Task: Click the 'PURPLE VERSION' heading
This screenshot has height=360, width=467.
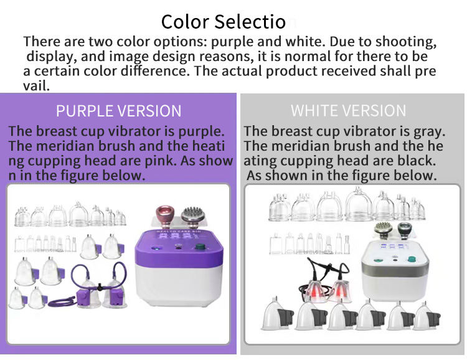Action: [x=118, y=111]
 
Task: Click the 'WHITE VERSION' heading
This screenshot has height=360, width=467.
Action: [x=348, y=111]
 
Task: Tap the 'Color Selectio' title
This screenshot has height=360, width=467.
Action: [x=224, y=22]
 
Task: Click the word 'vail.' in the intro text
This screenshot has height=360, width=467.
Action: [x=36, y=86]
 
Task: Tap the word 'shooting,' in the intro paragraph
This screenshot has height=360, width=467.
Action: [x=405, y=42]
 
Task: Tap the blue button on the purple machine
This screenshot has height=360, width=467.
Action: [x=155, y=247]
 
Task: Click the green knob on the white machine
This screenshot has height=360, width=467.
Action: [x=412, y=258]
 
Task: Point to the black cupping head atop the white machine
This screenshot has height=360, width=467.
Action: [x=405, y=230]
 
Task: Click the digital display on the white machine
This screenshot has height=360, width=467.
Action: [x=394, y=246]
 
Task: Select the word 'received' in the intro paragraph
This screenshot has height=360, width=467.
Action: [x=348, y=71]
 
